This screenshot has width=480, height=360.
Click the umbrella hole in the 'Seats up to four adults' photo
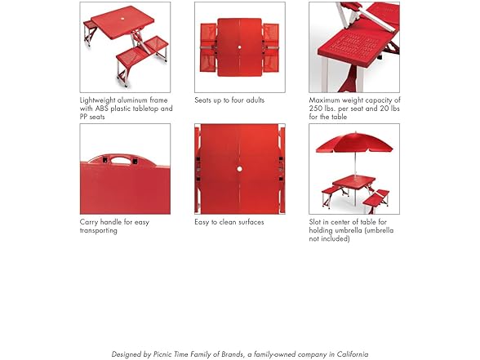coord(239,47)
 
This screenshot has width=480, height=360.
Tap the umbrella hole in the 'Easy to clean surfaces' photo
coord(239,169)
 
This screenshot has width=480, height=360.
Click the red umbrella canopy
coord(354,144)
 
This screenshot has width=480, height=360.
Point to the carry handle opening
coord(119,160)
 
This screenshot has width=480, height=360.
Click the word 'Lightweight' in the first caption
coord(97,100)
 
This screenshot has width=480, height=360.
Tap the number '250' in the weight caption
coord(316,109)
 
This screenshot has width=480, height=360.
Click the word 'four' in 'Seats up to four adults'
coord(238,100)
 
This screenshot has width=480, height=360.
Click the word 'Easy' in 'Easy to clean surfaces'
coord(202,222)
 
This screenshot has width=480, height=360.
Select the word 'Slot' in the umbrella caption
coord(315,222)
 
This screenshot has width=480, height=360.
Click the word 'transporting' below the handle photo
coord(99,230)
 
